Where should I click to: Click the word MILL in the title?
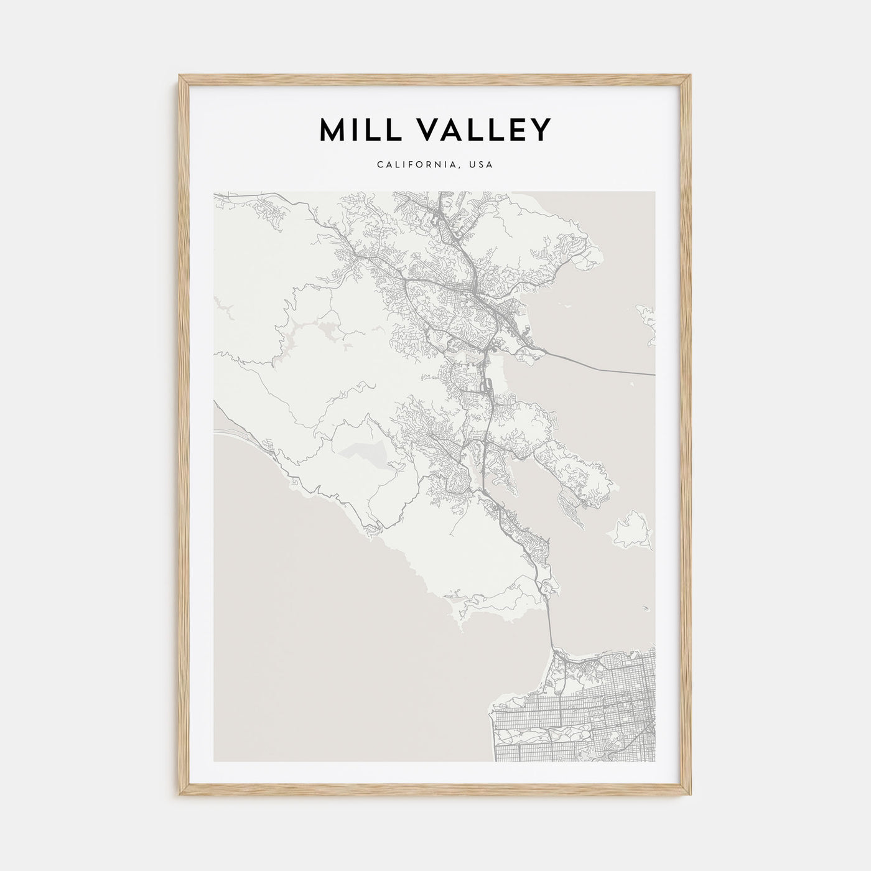pos(354,129)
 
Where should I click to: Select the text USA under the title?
pos(483,165)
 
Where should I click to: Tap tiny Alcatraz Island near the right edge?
pos(647,609)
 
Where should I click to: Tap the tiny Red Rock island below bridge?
pos(631,386)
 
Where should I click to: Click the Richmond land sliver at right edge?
pos(647,324)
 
